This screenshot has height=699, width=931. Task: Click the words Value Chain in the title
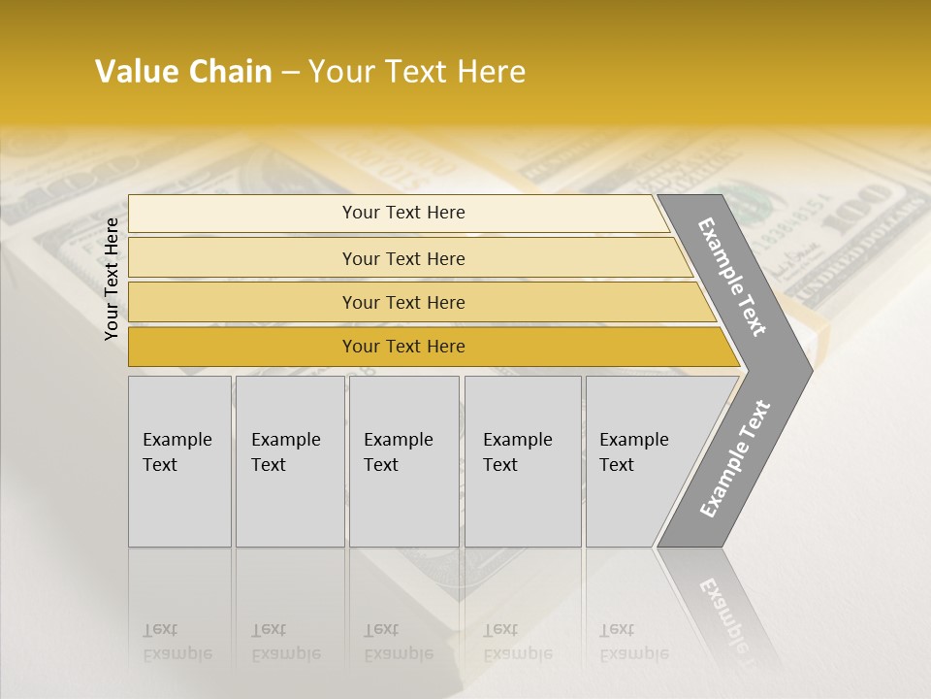click(x=183, y=72)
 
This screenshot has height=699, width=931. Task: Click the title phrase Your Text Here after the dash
click(x=417, y=72)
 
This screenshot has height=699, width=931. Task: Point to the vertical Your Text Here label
click(x=112, y=279)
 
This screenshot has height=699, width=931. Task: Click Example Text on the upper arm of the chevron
click(x=732, y=277)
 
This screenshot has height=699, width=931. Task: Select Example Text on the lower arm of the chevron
click(x=735, y=459)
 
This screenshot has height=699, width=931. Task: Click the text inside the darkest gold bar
click(x=403, y=347)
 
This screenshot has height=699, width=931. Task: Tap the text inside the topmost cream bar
click(x=403, y=213)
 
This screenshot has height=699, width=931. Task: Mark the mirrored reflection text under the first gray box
click(x=177, y=643)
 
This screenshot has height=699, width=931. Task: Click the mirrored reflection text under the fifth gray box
click(x=633, y=643)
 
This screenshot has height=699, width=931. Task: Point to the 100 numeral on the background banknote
click(x=869, y=210)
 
